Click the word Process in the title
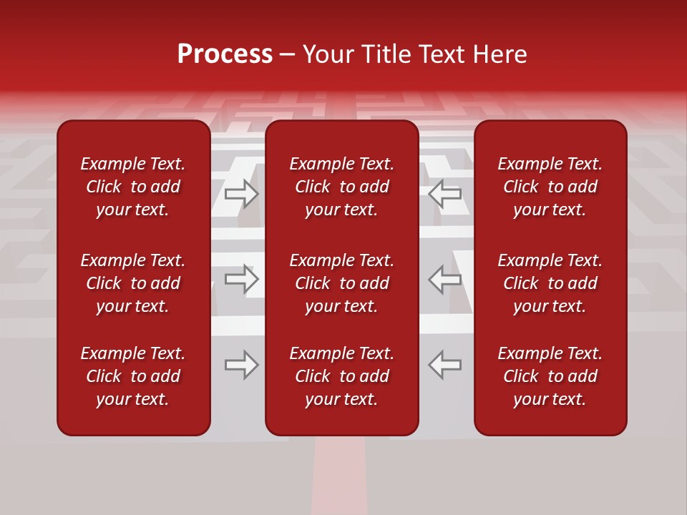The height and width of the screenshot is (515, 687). tap(225, 54)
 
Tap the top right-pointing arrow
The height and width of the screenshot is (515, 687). tap(242, 193)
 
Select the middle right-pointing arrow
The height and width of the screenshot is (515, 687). tap(242, 279)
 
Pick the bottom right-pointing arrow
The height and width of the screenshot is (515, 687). tap(242, 365)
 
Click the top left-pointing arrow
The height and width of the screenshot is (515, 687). tap(444, 193)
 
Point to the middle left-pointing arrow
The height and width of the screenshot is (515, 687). tap(444, 279)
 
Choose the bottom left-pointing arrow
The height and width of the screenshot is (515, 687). tap(444, 365)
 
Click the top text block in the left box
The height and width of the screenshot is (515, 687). tap(133, 187)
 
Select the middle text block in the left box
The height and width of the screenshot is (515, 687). tap(133, 283)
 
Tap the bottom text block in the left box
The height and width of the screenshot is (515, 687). tap(133, 376)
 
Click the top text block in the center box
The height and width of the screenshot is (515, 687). tap(342, 187)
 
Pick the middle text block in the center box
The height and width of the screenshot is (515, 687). tap(342, 283)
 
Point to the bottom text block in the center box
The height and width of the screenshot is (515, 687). tap(342, 376)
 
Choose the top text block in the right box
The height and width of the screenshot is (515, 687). tap(550, 187)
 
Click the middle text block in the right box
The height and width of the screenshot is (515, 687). tap(550, 283)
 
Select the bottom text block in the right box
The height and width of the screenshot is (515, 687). tap(550, 376)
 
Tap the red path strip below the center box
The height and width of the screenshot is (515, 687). tap(339, 476)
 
